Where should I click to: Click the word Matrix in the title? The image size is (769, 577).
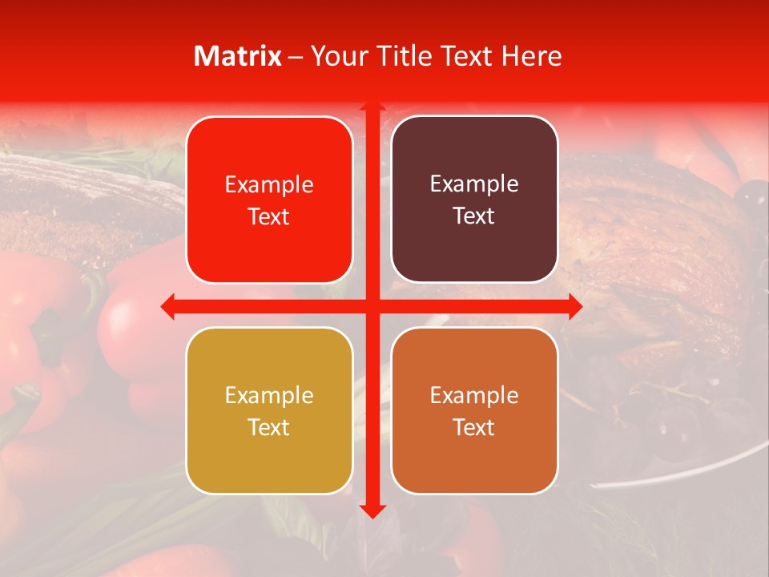click(238, 56)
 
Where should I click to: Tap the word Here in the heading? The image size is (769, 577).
click(531, 56)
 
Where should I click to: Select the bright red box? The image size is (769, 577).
click(269, 200)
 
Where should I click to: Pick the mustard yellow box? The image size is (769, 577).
click(269, 410)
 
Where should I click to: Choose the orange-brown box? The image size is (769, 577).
click(474, 410)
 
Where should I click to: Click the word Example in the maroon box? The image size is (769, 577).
click(474, 184)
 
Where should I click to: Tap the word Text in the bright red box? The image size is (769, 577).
click(269, 216)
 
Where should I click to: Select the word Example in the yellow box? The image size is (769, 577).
click(269, 395)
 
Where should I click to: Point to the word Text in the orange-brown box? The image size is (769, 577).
click(474, 427)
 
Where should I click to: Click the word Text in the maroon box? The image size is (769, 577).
click(474, 216)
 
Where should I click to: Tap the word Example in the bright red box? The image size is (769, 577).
click(269, 184)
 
